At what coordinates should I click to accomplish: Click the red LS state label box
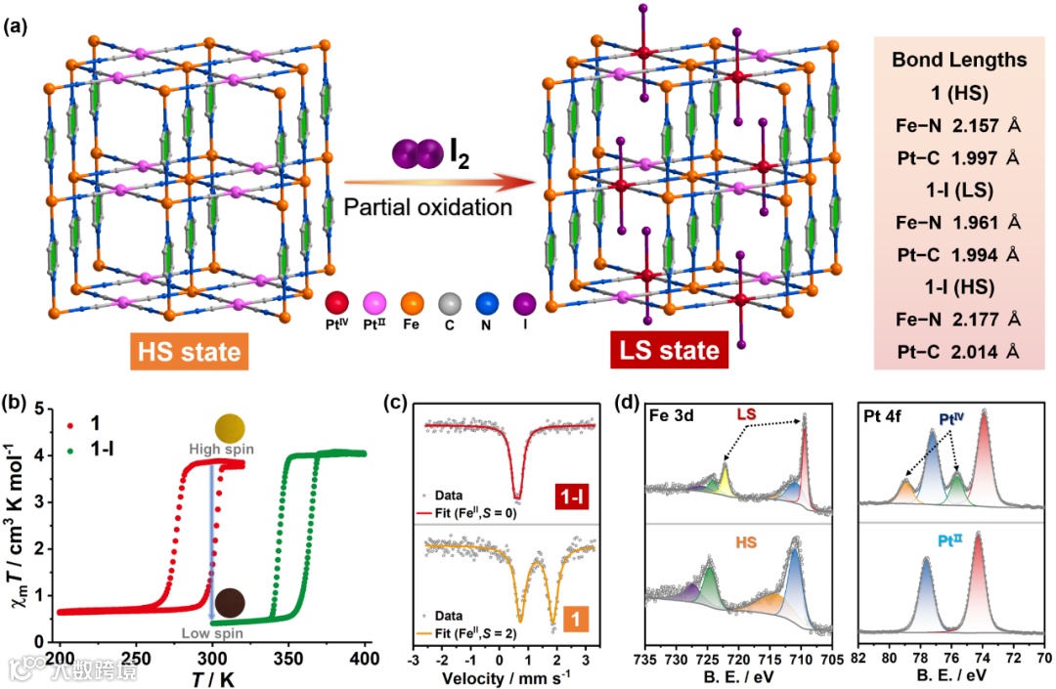pyautogui.click(x=669, y=350)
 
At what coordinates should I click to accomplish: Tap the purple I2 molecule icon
pyautogui.click(x=417, y=155)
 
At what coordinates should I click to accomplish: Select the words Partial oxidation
pyautogui.click(x=428, y=207)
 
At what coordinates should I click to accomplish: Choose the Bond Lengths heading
pyautogui.click(x=959, y=60)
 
